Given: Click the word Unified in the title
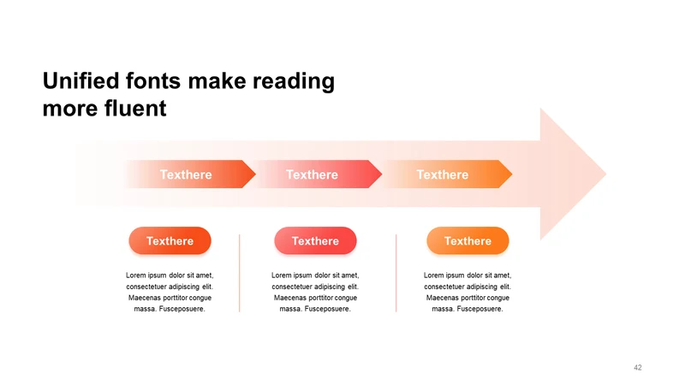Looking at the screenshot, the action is (80, 80).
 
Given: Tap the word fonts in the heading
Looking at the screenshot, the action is (153, 80).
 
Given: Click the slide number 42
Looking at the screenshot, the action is (638, 368).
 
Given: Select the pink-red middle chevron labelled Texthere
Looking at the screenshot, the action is (319, 175).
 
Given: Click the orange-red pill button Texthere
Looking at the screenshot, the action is (170, 240).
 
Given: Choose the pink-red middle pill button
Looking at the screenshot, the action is (315, 240).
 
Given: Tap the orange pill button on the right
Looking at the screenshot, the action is (468, 240).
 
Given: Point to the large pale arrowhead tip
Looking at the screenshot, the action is (606, 174).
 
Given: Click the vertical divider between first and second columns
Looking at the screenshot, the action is (240, 273).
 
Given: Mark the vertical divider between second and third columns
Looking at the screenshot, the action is (396, 273).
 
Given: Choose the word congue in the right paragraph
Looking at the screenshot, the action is (498, 298).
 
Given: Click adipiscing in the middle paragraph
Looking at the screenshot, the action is (330, 287).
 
